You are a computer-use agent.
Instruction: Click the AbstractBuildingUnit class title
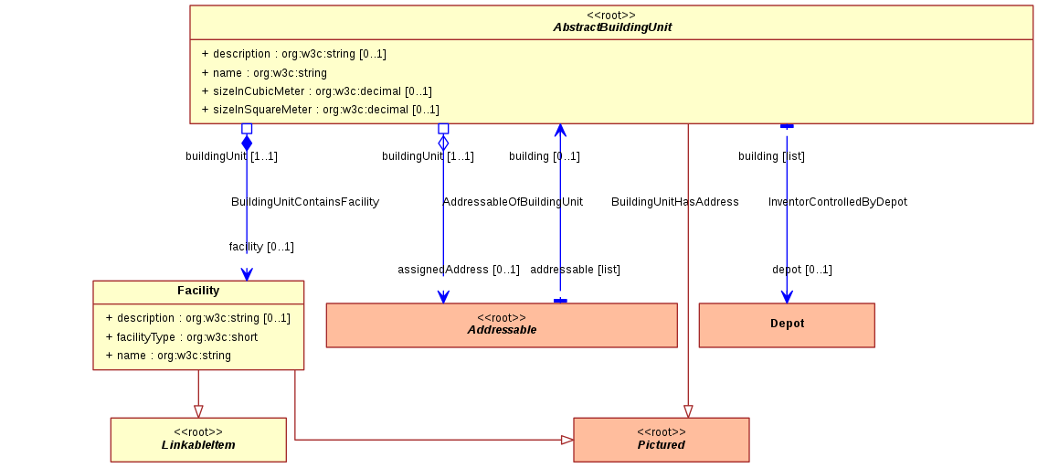coord(612,27)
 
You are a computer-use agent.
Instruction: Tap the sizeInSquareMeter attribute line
coord(321,109)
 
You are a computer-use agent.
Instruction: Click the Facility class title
coord(198,291)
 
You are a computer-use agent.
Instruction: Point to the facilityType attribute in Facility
coord(182,337)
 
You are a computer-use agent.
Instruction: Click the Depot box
coord(787,325)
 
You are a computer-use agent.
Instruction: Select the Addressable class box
coord(502,325)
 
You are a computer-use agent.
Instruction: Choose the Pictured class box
coord(662,440)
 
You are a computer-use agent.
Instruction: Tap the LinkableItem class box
coord(198,440)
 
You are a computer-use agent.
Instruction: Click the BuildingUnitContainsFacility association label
coord(305,202)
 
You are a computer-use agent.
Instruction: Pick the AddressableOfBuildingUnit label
coord(513,202)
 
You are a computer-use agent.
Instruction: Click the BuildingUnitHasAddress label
coord(675,202)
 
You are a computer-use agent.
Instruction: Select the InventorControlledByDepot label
coord(837,202)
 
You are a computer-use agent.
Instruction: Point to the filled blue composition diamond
coord(247,143)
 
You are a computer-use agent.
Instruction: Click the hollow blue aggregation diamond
coord(443,143)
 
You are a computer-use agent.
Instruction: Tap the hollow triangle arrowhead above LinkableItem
coord(198,411)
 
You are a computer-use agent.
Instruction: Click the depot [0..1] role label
coord(802,270)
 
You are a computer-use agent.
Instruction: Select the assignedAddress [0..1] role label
coord(459,270)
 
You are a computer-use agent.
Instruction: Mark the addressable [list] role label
coord(576,270)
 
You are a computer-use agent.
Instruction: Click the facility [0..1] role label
coord(261,247)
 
